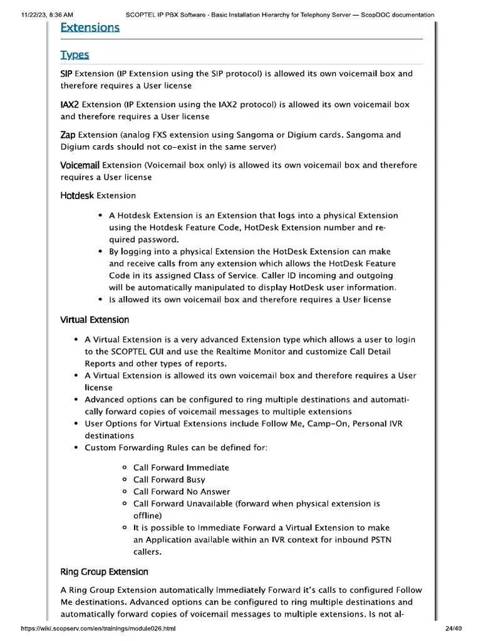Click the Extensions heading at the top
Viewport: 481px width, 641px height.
pyautogui.click(x=90, y=28)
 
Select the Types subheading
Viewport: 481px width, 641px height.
pyautogui.click(x=75, y=55)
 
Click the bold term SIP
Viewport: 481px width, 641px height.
pyautogui.click(x=66, y=74)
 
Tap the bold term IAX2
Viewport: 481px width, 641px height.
pyautogui.click(x=70, y=105)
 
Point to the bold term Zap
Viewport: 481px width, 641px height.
pyautogui.click(x=68, y=135)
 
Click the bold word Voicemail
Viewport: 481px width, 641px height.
pyautogui.click(x=80, y=166)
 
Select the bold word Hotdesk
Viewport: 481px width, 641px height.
pyautogui.click(x=77, y=196)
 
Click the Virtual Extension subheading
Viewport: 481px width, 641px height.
pyautogui.click(x=95, y=320)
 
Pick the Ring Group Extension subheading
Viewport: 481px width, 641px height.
pyautogui.click(x=104, y=572)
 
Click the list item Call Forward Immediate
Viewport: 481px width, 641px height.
pyautogui.click(x=181, y=468)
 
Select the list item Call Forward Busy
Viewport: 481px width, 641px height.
pyautogui.click(x=169, y=479)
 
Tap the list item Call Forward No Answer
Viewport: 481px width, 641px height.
pyautogui.click(x=182, y=491)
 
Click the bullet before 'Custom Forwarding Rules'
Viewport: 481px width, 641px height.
pyautogui.click(x=75, y=448)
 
